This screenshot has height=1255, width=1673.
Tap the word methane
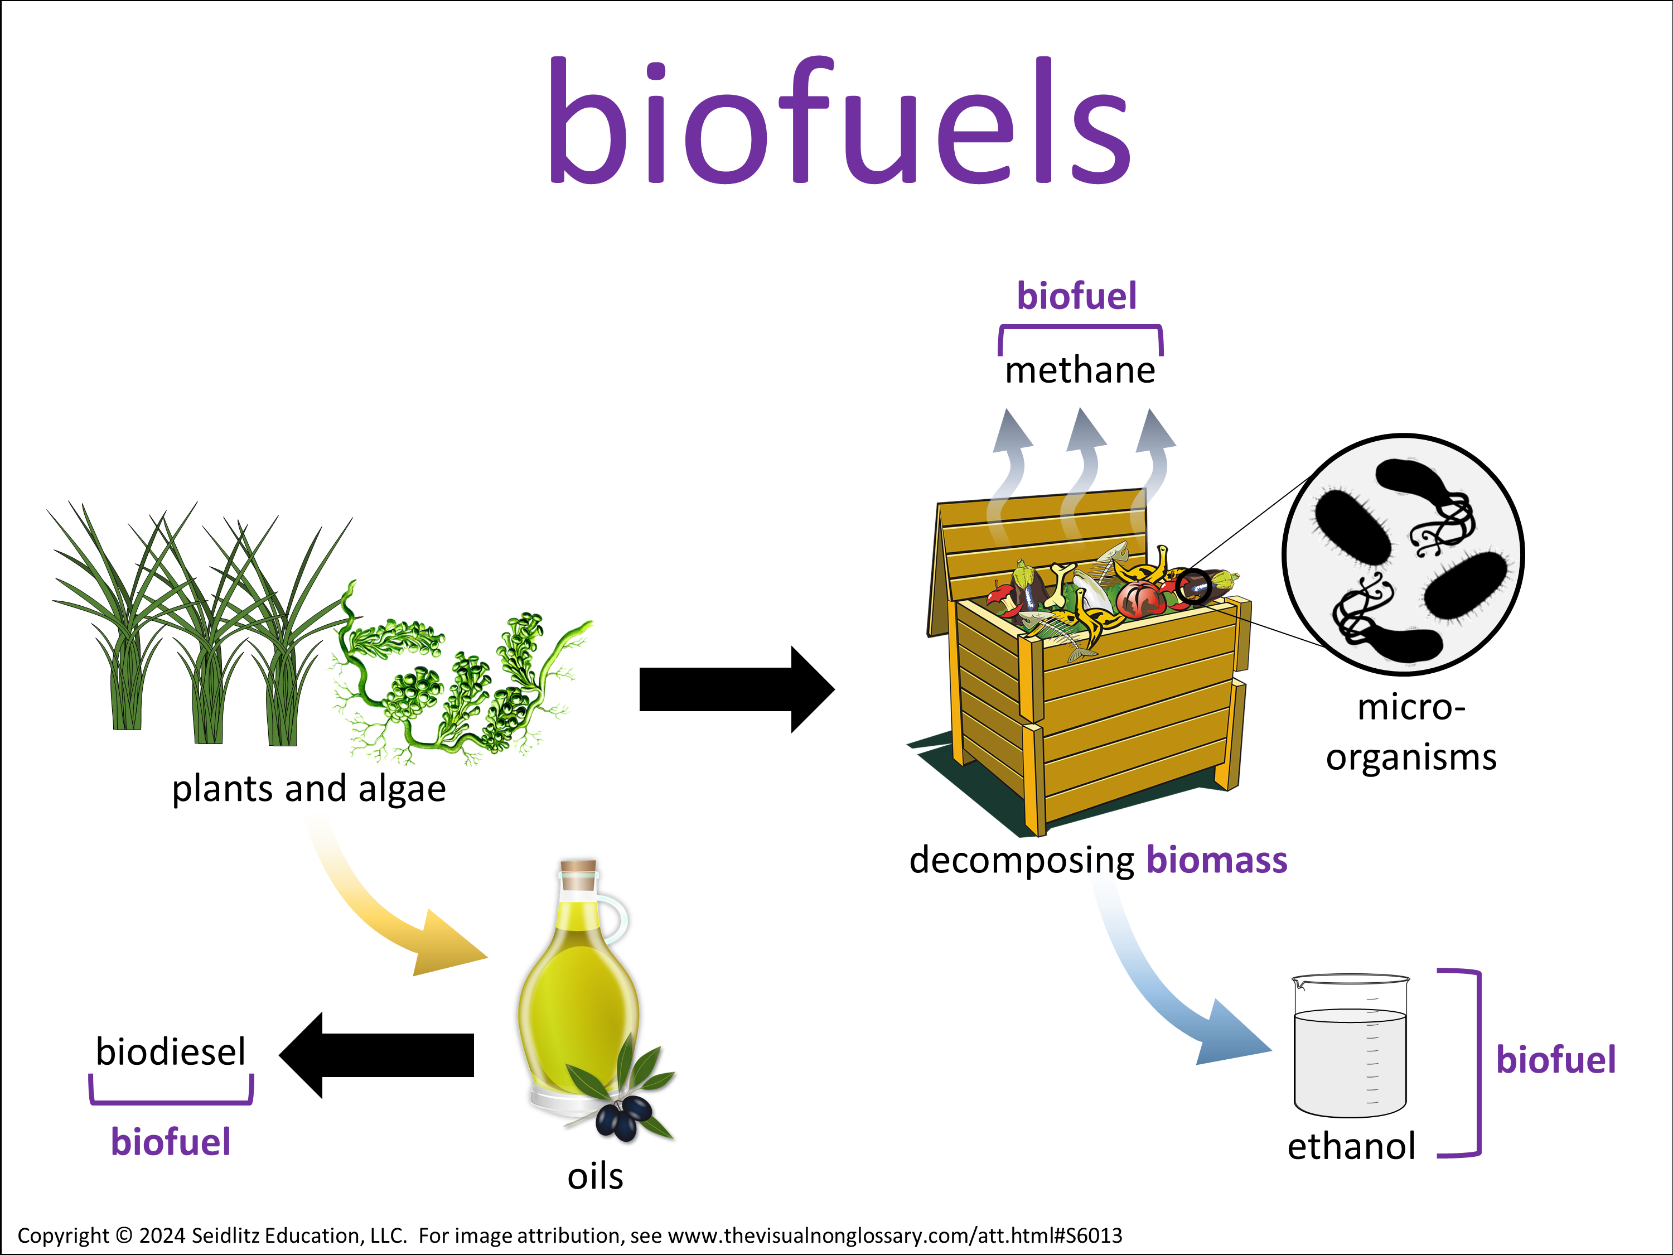click(x=1079, y=371)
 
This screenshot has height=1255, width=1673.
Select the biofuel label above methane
click(x=1076, y=296)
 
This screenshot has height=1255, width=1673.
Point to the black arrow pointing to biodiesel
click(x=378, y=1055)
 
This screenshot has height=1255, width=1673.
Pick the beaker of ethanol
click(x=1350, y=1048)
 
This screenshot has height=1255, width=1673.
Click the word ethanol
click(x=1351, y=1146)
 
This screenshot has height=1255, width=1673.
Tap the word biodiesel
click(x=171, y=1051)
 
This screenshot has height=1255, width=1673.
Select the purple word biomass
click(x=1216, y=860)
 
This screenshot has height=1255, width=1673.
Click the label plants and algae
click(x=308, y=789)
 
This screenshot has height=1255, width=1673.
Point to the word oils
click(x=595, y=1176)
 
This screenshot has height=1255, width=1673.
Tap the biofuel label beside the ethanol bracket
click(x=1556, y=1059)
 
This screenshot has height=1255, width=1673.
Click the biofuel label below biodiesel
click(x=171, y=1142)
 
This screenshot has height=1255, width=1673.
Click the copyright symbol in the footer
click(x=123, y=1235)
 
